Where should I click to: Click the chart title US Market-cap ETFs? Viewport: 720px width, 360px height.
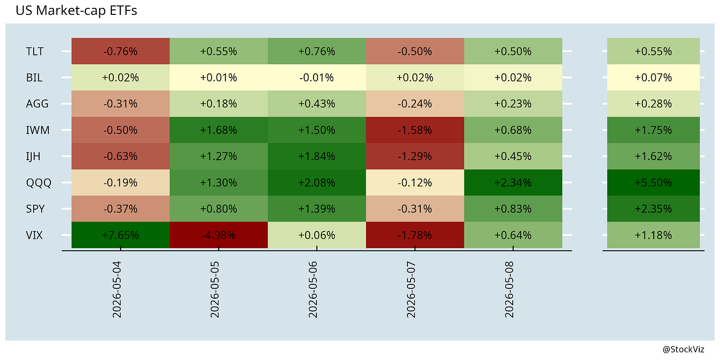[76, 10]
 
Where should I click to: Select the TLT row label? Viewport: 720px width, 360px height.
[35, 51]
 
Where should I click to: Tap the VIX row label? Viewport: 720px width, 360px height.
[34, 235]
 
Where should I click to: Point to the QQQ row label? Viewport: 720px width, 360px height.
[39, 183]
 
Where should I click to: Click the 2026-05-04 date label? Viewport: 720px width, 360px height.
[117, 290]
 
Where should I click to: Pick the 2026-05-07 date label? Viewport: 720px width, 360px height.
[411, 290]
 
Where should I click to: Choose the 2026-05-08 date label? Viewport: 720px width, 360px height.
[509, 290]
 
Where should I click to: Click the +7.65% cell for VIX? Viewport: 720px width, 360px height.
[121, 235]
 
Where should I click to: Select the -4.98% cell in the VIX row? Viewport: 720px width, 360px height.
[219, 235]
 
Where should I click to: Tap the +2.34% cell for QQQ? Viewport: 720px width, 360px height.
[513, 182]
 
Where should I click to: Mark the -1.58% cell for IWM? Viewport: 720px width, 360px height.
[415, 130]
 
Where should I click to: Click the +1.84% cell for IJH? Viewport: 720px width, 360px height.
[317, 156]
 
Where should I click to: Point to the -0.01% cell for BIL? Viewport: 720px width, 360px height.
[317, 78]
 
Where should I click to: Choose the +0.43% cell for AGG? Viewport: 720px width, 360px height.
[317, 104]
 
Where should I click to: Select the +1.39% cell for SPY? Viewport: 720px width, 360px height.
[317, 209]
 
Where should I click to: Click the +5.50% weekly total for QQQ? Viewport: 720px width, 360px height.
[653, 182]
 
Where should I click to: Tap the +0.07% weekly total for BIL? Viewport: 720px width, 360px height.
[653, 78]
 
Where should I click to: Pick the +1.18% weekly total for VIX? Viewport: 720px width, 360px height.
[653, 235]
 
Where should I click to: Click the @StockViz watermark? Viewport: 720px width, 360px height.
[683, 350]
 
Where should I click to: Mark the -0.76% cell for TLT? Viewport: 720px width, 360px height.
[121, 51]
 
